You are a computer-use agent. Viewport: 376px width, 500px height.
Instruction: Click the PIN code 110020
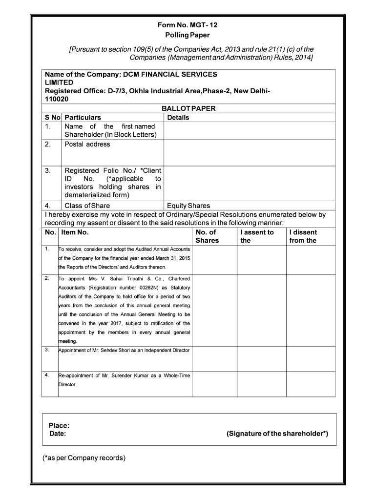(x=57, y=99)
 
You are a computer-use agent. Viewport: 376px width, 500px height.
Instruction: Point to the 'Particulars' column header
(x=83, y=117)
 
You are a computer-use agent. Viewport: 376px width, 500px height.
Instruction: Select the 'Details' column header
(x=178, y=117)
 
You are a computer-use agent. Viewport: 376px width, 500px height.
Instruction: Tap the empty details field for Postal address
(x=249, y=153)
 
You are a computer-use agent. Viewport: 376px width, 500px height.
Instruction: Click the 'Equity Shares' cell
(x=188, y=206)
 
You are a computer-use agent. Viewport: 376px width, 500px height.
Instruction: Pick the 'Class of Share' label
(x=87, y=206)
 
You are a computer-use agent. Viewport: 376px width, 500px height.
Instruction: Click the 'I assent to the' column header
(x=257, y=236)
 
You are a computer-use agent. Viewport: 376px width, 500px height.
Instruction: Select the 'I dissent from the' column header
(x=303, y=236)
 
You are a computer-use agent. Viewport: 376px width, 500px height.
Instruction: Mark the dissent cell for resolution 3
(x=311, y=359)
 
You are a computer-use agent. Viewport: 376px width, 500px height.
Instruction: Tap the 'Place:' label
(x=59, y=426)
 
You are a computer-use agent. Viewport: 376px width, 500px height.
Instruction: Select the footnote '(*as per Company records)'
(x=84, y=458)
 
